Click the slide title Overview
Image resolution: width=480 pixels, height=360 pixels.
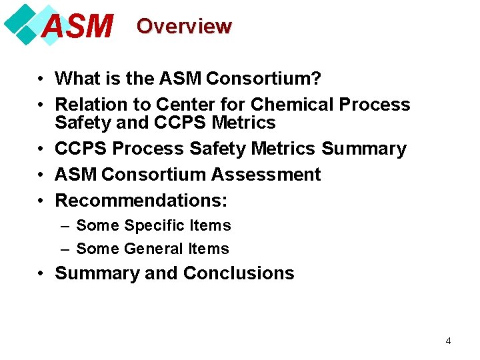pos(184,27)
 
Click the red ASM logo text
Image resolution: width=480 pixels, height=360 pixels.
pos(77,27)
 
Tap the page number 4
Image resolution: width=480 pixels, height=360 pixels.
pos(448,341)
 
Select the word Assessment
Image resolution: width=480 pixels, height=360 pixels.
pos(266,175)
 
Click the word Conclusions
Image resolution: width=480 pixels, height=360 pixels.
pos(239,273)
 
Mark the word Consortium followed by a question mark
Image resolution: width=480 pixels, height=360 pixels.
pos(263,79)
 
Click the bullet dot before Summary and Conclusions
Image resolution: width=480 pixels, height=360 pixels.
pos(41,273)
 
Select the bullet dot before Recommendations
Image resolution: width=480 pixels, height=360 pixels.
pos(41,200)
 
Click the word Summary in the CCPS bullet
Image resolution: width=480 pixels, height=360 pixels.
pos(363,149)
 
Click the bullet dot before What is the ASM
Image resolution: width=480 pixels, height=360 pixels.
pos(41,79)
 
